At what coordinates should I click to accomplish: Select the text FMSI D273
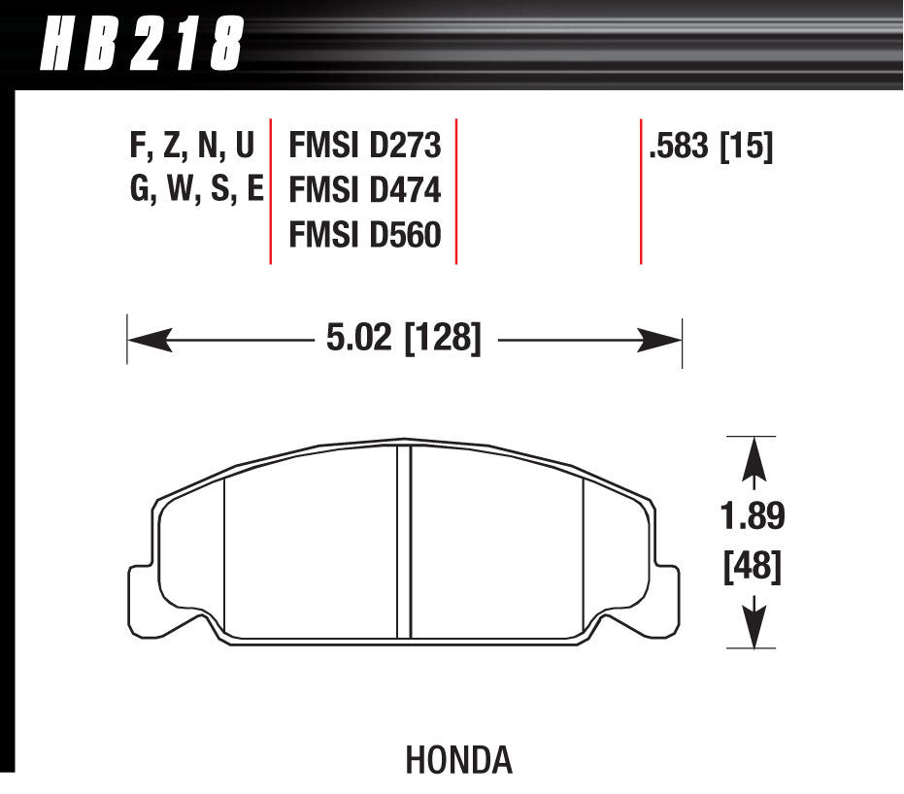tap(365, 147)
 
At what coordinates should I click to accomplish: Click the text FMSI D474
tap(365, 190)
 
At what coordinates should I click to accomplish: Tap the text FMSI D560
tap(365, 234)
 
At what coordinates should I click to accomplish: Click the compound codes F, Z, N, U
tap(191, 147)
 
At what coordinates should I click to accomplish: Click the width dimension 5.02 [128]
tap(401, 340)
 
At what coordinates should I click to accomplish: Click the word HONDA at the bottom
tap(459, 760)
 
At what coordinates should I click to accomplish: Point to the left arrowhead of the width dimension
tap(146, 340)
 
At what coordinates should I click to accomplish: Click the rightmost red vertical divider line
tap(641, 191)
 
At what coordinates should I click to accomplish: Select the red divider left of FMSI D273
tap(270, 191)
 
